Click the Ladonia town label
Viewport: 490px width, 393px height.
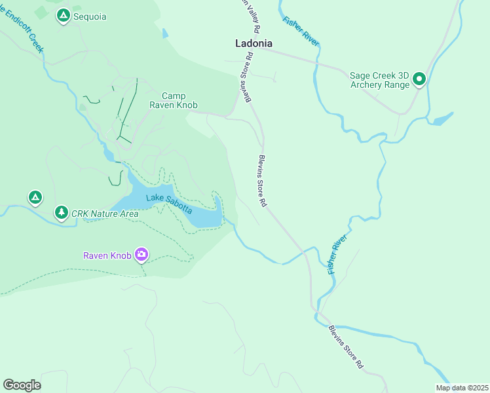coord(254,43)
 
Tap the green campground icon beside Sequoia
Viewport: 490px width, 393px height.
coord(63,16)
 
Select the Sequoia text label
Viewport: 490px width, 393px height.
coord(90,16)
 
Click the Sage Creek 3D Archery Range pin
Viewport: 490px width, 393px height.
coord(419,80)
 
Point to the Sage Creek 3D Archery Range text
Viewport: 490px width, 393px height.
coord(379,80)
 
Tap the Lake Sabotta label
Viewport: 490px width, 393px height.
coord(169,204)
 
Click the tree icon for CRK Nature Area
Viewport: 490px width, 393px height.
coord(61,212)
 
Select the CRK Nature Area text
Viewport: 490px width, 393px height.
coord(105,213)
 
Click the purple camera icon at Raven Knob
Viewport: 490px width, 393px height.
coord(141,255)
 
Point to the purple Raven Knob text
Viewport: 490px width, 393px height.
coord(107,255)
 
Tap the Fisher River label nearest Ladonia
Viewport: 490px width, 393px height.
coord(301,29)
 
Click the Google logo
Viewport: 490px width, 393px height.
coord(22,385)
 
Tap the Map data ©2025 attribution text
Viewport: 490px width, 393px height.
coord(462,388)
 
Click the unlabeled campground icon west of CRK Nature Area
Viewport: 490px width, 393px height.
coord(35,196)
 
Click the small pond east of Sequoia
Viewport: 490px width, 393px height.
coord(164,33)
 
